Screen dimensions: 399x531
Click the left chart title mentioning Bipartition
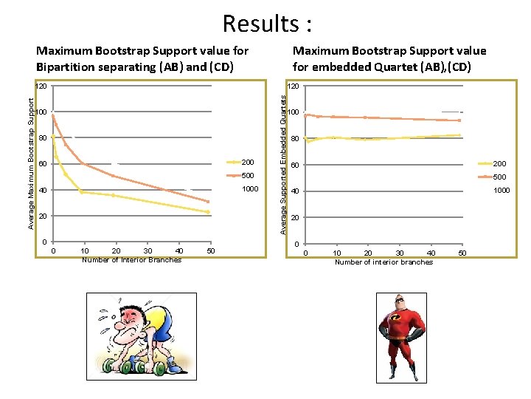point(142,58)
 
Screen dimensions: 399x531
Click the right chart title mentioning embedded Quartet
point(389,58)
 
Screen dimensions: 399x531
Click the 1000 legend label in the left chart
point(251,189)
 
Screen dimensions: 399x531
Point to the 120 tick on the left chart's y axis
point(41,86)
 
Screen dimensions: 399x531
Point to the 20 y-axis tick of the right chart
point(294,218)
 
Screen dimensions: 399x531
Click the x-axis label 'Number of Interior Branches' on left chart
point(131,259)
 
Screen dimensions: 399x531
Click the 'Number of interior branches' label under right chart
point(383,262)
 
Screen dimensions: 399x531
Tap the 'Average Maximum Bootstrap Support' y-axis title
point(31,160)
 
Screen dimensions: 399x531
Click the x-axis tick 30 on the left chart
point(147,251)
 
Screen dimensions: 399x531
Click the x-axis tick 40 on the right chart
point(431,253)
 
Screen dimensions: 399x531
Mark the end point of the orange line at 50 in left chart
point(209,202)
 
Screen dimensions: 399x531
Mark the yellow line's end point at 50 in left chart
point(209,212)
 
